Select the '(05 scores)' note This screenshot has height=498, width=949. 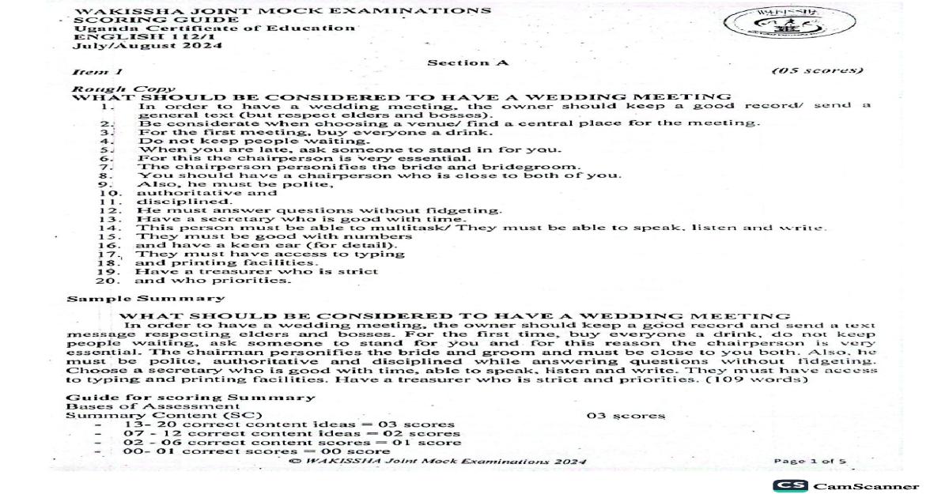pyautogui.click(x=817, y=71)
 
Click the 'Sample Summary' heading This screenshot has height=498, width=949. pyautogui.click(x=145, y=299)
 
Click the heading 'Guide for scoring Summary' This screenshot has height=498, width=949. pyautogui.click(x=190, y=397)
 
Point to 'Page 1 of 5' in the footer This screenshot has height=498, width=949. pyautogui.click(x=811, y=462)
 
